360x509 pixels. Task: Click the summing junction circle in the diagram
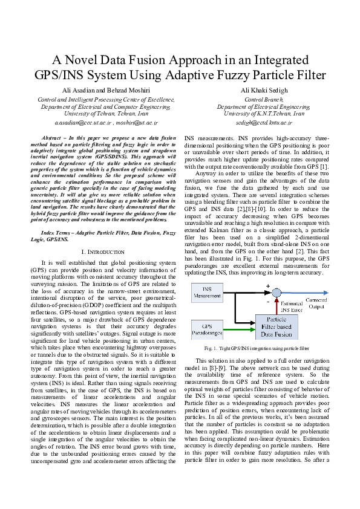click(276, 293)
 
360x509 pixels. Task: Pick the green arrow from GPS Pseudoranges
click(239, 329)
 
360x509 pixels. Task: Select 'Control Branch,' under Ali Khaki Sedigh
click(260, 99)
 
